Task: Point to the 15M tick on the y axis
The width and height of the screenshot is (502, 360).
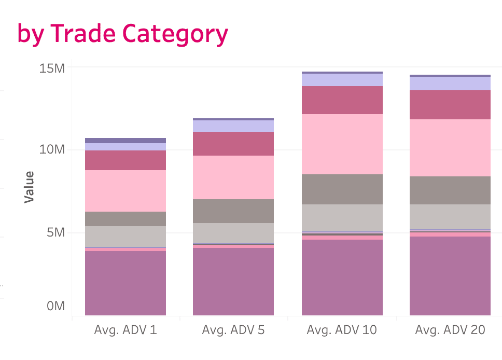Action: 52,68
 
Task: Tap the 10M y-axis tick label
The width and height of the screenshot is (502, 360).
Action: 52,150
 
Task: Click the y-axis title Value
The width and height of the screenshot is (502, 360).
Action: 30,187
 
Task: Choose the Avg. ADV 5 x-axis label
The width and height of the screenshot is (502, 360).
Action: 233,330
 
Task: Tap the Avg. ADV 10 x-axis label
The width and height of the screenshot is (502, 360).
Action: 342,330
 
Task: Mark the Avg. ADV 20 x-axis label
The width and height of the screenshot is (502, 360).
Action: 450,330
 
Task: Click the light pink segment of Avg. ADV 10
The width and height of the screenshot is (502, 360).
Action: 342,144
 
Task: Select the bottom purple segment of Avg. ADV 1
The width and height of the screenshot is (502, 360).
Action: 125,283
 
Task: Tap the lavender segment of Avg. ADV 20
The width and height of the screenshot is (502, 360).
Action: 450,84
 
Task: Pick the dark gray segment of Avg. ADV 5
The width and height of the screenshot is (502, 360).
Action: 233,211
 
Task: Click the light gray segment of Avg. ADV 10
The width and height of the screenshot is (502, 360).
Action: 342,218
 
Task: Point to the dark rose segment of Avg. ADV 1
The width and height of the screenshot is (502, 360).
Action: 125,160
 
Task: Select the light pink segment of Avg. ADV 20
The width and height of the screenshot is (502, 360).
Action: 450,148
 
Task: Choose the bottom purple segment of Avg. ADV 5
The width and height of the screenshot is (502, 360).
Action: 233,282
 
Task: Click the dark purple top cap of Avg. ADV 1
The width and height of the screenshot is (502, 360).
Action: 125,141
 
